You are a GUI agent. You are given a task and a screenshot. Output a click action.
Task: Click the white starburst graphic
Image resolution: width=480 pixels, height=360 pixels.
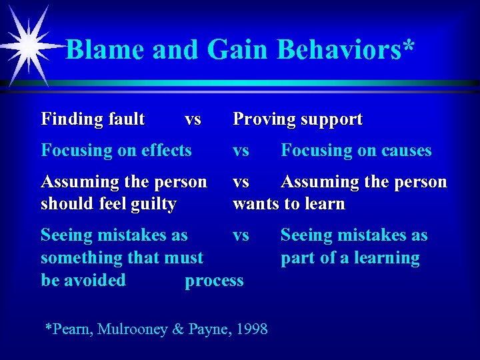(29, 45)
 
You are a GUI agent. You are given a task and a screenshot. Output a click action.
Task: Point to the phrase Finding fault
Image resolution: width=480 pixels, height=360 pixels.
(93, 119)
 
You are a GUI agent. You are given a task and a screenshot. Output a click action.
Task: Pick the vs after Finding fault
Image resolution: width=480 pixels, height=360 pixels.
(193, 120)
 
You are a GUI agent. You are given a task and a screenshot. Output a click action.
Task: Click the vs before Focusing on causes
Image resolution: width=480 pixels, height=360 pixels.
(241, 151)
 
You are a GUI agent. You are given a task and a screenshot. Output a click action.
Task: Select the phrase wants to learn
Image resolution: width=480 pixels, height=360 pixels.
(289, 204)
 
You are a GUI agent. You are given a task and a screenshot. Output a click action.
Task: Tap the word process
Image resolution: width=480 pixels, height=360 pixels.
(214, 281)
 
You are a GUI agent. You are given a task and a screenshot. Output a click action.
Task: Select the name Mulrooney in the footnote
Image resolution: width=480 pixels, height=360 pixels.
(133, 329)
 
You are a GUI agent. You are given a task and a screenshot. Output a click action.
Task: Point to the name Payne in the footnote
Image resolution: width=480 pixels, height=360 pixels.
(199, 329)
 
